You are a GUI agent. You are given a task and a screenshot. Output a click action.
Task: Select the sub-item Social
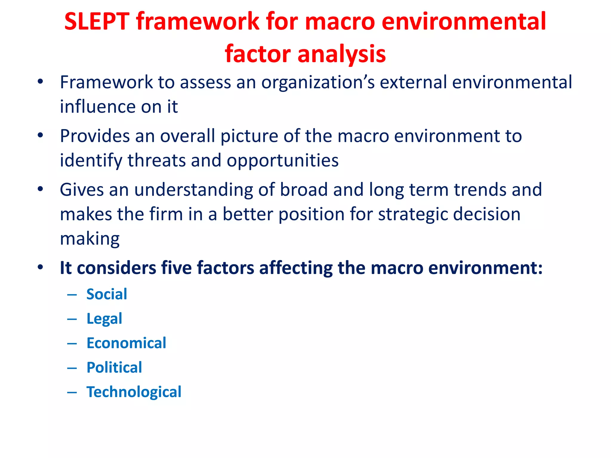pos(107,294)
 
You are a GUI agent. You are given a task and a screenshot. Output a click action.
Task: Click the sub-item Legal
pos(104,319)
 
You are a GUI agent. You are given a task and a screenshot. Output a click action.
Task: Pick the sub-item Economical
pos(126,343)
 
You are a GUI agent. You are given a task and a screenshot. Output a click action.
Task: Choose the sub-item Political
pos(114,368)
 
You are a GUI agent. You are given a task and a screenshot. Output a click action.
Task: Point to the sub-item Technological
pos(134,392)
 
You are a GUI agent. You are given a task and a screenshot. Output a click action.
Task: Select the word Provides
pos(95,136)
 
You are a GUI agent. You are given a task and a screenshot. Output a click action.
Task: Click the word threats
pos(157,160)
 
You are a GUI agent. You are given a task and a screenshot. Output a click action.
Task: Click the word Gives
pos(81,190)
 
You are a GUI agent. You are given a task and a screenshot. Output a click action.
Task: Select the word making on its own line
pos(90,239)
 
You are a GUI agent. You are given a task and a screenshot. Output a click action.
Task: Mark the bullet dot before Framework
pos(40,81)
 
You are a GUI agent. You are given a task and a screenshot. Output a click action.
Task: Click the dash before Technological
pos(72,392)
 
